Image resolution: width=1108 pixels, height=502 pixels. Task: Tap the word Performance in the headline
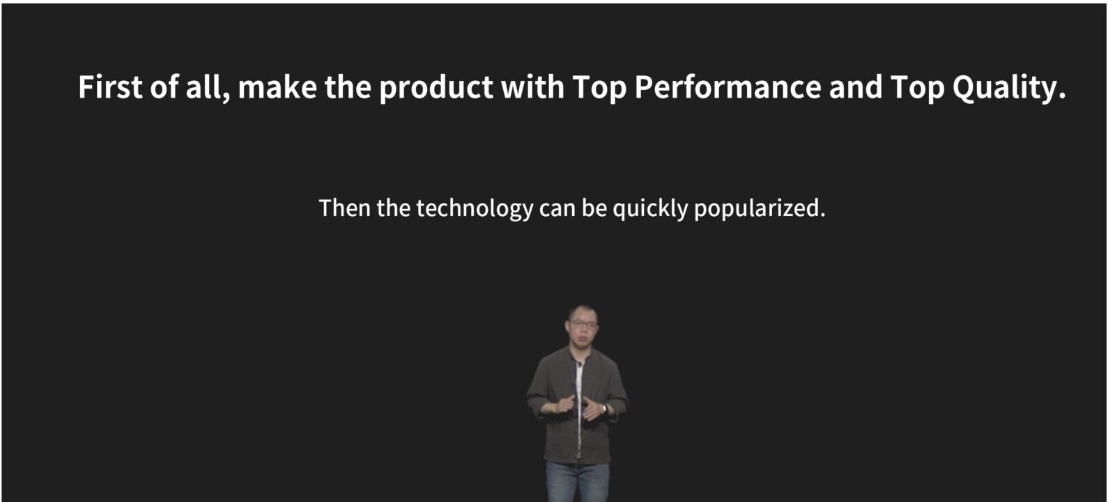coord(728,87)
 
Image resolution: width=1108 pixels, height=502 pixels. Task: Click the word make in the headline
coord(277,87)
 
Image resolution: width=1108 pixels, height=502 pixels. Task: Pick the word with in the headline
coord(532,87)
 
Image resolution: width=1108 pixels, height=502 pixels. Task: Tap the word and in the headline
coord(856,87)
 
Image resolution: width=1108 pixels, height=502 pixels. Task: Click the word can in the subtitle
coord(557,210)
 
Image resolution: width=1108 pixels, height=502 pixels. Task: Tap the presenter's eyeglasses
coord(584,325)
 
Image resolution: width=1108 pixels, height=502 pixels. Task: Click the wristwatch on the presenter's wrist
coord(605,409)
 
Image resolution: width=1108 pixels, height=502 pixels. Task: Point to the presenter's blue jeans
coord(578,482)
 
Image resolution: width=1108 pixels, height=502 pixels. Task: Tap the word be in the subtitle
coord(594,208)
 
